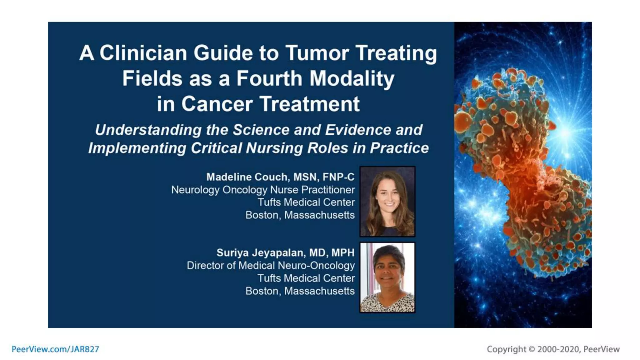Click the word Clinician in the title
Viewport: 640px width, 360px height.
point(143,53)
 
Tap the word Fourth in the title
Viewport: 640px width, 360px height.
point(269,78)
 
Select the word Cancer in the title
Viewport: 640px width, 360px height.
point(217,104)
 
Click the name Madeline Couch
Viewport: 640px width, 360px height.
point(247,177)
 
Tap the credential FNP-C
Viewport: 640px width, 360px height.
point(338,177)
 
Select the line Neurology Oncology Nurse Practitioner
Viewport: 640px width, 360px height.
point(263,190)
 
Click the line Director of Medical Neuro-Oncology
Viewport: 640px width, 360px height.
point(271,266)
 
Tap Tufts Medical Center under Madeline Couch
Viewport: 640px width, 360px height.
point(306,202)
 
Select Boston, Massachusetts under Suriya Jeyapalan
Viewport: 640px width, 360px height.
point(300,291)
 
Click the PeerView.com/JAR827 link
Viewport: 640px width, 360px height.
point(55,349)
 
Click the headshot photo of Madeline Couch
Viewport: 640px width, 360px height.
point(387,201)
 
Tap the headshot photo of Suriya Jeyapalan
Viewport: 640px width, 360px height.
point(387,277)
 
